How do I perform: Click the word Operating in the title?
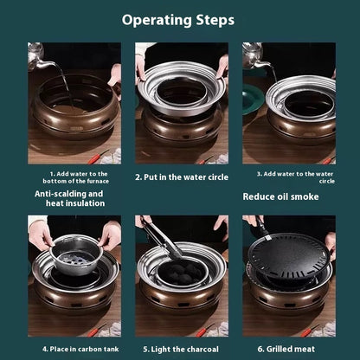[157, 20]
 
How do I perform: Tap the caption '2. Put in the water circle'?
[182, 177]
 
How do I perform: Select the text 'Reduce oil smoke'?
[280, 196]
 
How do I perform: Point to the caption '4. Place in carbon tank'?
[80, 349]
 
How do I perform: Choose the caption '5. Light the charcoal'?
[181, 350]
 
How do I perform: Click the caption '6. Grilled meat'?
[286, 349]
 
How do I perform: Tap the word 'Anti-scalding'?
[56, 194]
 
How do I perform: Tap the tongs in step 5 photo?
[163, 237]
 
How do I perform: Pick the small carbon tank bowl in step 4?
[76, 254]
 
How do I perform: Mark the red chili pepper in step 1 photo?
[99, 157]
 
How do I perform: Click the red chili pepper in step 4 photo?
[96, 331]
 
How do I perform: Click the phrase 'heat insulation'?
[75, 203]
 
